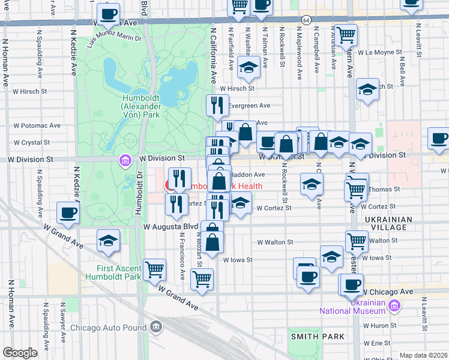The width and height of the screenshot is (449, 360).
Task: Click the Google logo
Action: point(20,353)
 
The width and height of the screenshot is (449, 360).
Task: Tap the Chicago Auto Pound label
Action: point(108,328)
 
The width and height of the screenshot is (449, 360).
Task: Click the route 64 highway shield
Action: point(306,20)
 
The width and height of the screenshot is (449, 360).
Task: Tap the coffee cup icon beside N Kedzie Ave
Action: point(68,213)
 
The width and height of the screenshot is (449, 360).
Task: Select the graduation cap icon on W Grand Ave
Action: point(109,241)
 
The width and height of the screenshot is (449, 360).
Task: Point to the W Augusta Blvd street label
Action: point(170,227)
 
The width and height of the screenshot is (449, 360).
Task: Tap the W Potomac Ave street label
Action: point(37,126)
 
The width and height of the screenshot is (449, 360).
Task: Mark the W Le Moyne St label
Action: point(380,53)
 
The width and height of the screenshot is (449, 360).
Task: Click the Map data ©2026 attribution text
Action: point(423,355)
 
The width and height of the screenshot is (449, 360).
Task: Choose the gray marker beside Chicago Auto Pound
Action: point(156,327)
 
